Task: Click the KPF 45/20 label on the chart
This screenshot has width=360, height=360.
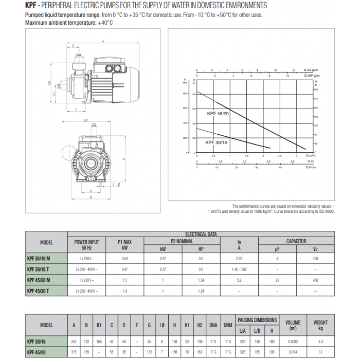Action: click(x=218, y=113)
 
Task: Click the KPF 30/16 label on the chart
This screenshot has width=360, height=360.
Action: click(x=216, y=142)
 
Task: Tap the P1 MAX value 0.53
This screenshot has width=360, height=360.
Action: click(x=124, y=259)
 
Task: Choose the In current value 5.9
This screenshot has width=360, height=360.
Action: click(x=239, y=280)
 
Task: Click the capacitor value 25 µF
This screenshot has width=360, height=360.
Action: click(x=278, y=280)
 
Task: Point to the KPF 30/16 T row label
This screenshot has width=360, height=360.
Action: click(x=46, y=269)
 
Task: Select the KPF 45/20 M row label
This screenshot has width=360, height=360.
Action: click(x=46, y=280)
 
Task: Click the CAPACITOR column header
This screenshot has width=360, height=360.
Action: click(x=296, y=241)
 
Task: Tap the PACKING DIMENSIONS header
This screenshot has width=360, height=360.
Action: click(x=257, y=320)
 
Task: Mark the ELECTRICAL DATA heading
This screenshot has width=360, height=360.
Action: click(x=201, y=234)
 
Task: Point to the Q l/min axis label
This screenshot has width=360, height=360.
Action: click(x=310, y=167)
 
